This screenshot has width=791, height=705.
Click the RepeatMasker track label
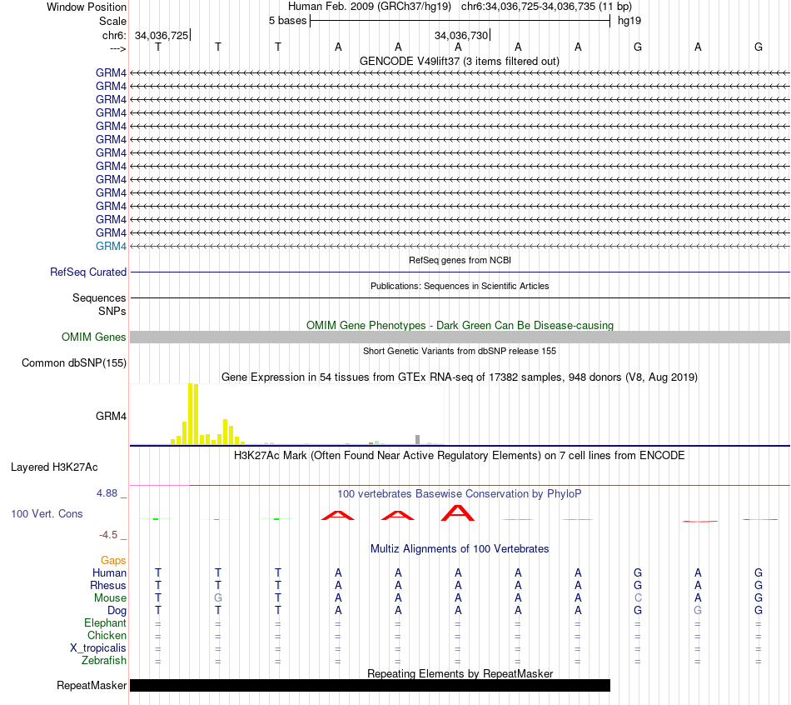tap(92, 686)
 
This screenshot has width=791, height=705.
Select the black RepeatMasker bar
tap(370, 685)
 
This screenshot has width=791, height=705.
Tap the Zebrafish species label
tap(105, 661)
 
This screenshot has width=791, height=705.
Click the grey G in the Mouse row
tap(218, 597)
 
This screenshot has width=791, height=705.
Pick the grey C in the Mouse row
tap(638, 597)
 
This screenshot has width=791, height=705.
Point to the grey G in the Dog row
tap(698, 610)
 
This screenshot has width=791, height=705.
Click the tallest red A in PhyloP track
tap(458, 512)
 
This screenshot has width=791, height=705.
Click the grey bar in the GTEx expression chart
tap(417, 439)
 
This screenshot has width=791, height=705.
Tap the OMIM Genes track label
tap(94, 337)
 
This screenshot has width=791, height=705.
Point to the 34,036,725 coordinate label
tap(161, 36)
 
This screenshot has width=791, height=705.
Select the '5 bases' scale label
tap(287, 21)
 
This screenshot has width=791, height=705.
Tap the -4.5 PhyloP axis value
tap(111, 535)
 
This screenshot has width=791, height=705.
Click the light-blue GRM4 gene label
tap(111, 246)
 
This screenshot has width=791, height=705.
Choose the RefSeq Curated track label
tap(88, 272)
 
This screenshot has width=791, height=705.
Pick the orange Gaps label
tap(113, 561)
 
